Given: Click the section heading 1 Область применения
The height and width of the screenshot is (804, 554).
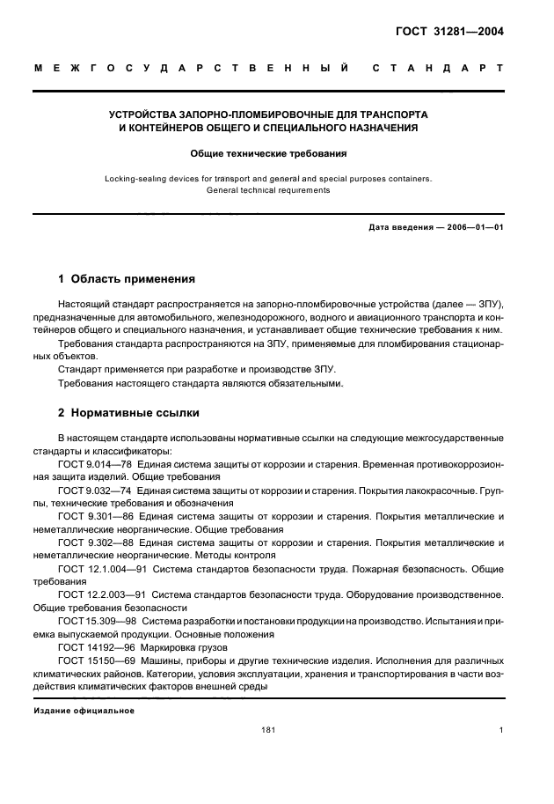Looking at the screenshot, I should point(126,279).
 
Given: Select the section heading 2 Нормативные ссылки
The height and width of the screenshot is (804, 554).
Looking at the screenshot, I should point(128,412).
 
